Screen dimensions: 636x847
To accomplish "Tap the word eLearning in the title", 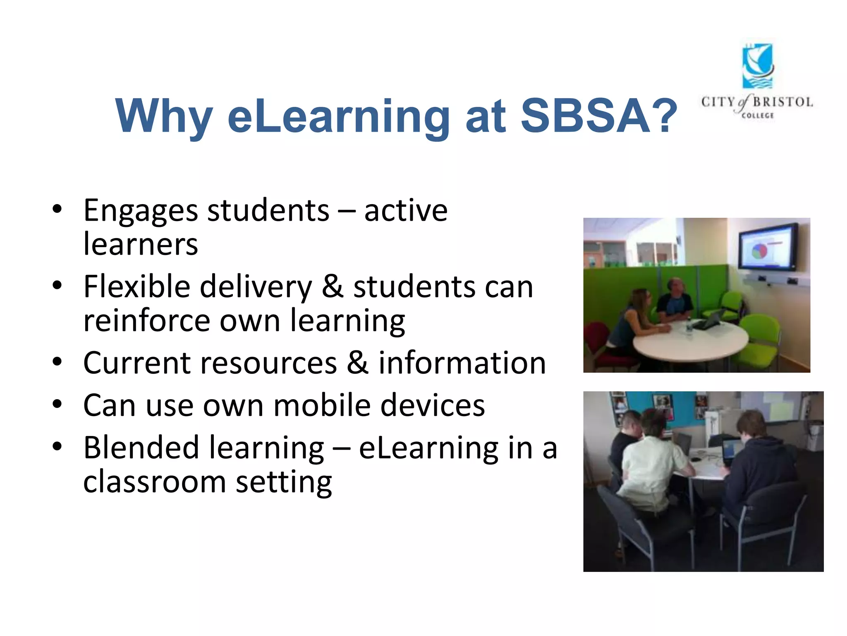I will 338,117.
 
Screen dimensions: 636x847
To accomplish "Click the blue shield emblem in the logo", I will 757,66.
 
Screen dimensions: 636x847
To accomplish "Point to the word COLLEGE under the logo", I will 757,116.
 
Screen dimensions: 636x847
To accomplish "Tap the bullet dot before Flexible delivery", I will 57,285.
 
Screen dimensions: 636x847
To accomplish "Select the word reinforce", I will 147,321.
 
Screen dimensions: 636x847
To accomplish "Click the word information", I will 462,363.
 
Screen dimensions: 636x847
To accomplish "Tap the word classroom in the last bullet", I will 154,482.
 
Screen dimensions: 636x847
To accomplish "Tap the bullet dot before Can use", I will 57,404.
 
